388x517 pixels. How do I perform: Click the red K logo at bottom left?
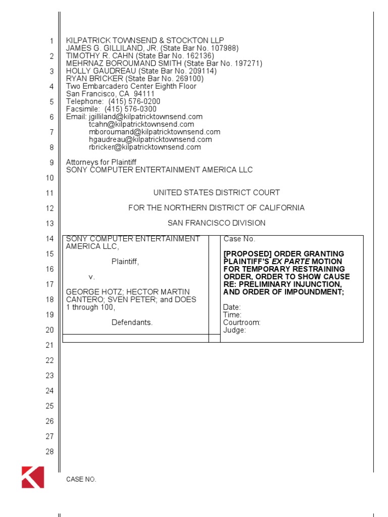33,477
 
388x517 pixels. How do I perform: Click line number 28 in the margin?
50,451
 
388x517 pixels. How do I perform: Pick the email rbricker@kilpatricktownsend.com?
145,147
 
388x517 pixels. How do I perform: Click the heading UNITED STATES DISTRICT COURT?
216,192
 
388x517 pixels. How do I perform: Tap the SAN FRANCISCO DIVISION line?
216,223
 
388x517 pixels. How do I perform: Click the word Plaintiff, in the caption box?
125,262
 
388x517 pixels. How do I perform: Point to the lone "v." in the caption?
92,277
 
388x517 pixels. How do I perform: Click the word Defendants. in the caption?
132,322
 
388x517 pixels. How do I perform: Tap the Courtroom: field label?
242,323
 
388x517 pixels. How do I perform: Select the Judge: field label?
234,330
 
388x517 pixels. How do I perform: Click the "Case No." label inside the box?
239,239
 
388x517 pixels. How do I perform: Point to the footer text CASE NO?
81,480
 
